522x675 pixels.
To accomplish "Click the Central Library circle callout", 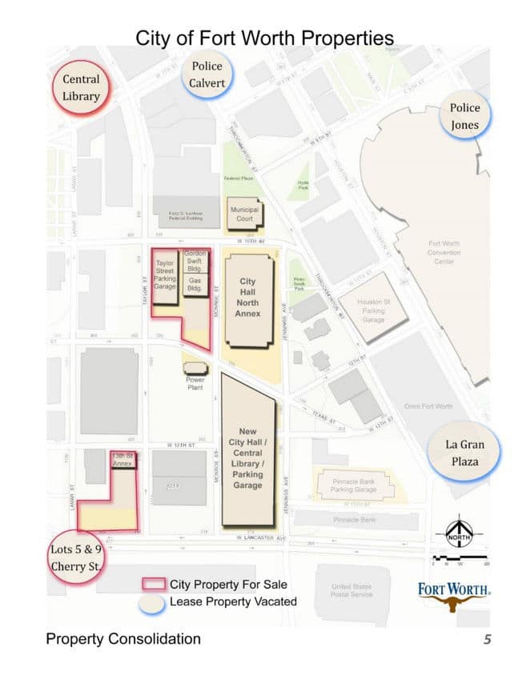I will [x=82, y=88].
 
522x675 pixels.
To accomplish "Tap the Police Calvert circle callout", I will [x=207, y=74].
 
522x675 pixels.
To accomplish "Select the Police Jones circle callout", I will [x=465, y=118].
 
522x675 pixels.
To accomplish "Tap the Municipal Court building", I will [x=244, y=214].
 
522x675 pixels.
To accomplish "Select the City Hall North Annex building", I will [x=248, y=298].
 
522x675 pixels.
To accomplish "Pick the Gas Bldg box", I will [x=195, y=284].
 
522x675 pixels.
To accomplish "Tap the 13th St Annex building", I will [x=122, y=459].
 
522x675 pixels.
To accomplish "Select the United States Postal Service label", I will [x=351, y=591].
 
